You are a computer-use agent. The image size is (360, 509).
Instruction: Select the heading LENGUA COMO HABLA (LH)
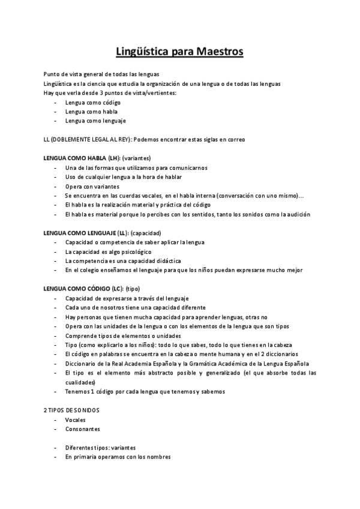click(x=82, y=157)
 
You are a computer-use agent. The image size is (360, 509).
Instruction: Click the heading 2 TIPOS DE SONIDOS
click(x=72, y=409)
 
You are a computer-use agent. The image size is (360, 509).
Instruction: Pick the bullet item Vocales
click(x=76, y=420)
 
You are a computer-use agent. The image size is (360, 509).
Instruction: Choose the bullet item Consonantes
click(x=83, y=429)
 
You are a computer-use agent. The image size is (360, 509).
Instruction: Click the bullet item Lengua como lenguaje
click(x=92, y=121)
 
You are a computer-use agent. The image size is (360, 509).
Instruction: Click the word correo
click(x=235, y=139)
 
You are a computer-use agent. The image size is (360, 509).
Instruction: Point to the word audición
click(x=298, y=214)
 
